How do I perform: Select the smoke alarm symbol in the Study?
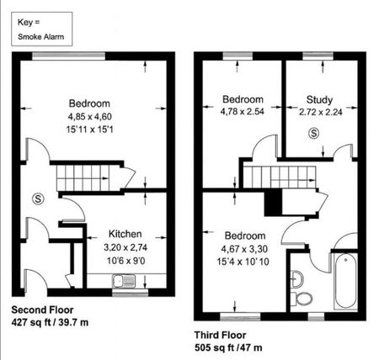(x=313, y=133)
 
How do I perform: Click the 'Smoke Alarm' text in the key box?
(x=40, y=37)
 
